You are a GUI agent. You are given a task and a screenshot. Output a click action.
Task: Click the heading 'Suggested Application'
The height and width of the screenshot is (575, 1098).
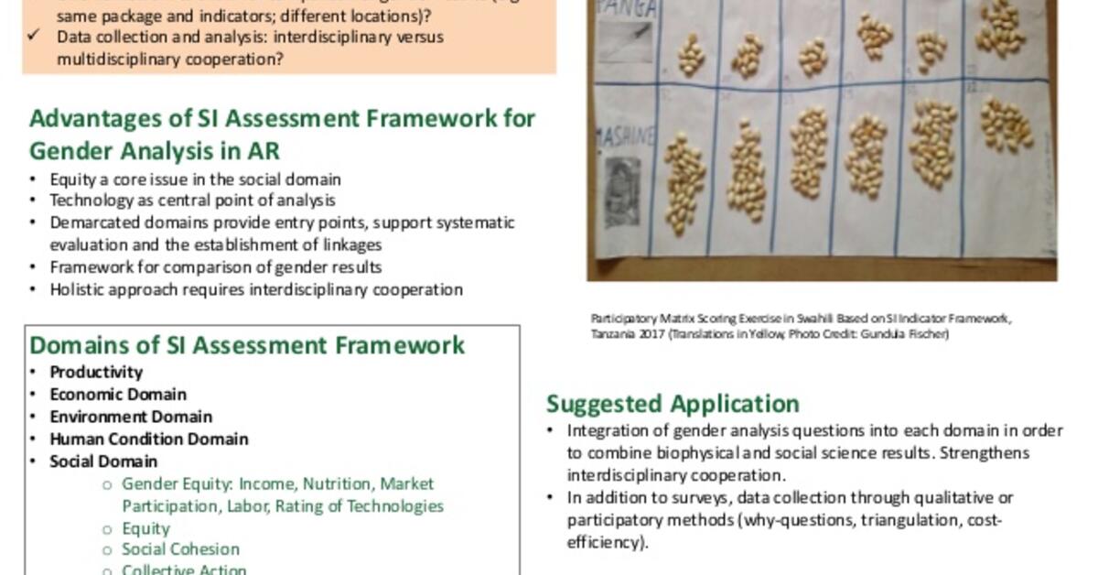click(x=673, y=404)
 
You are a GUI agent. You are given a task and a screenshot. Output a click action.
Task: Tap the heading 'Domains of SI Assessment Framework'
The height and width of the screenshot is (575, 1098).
click(x=247, y=345)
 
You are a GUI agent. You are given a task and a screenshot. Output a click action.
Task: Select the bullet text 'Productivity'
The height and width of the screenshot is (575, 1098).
click(x=96, y=372)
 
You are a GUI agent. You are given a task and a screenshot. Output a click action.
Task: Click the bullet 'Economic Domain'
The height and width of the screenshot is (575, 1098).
click(x=118, y=395)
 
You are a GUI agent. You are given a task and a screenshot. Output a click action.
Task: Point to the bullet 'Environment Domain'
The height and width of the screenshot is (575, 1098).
click(x=131, y=417)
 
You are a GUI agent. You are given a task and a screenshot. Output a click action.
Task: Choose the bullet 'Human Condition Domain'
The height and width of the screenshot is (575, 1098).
click(x=148, y=439)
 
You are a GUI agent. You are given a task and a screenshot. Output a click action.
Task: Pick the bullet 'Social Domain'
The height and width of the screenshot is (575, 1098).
click(x=103, y=461)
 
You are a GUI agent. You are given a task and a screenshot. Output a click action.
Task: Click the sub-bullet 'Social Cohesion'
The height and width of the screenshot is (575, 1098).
click(x=180, y=549)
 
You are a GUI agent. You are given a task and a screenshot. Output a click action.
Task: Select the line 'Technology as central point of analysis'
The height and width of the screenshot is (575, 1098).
click(x=192, y=201)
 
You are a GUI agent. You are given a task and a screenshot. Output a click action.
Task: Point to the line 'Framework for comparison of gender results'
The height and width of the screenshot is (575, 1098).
click(x=215, y=267)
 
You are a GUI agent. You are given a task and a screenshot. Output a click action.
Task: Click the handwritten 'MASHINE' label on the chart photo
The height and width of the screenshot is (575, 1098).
click(x=625, y=137)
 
